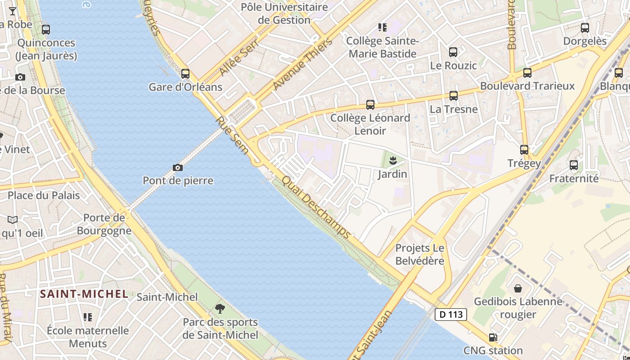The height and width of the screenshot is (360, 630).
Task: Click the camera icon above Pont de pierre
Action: point(178,168)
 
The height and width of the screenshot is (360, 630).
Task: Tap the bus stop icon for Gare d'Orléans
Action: point(185,74)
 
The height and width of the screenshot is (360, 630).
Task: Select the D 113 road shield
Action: point(451,315)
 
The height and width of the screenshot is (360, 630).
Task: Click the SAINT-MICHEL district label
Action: point(84,294)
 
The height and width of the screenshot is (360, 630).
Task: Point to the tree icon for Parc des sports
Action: point(220,309)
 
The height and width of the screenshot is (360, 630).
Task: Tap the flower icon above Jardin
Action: point(392,160)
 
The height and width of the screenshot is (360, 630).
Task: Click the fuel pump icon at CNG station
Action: point(493,337)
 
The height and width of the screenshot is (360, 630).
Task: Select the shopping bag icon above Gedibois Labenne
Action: point(518,288)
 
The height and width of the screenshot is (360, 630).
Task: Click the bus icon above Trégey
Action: point(524,150)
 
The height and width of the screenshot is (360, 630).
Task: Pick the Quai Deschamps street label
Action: point(315,207)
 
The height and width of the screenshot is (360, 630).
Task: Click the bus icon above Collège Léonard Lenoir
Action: point(370,105)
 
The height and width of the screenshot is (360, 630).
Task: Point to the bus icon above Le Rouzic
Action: point(453,52)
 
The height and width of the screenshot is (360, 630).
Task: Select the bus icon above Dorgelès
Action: point(585,28)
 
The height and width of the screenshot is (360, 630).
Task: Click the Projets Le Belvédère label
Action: point(419,254)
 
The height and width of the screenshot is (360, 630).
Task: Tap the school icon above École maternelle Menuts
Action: point(88,317)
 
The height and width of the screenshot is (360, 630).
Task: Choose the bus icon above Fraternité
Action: point(574,165)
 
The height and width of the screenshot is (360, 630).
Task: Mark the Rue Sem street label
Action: point(232,135)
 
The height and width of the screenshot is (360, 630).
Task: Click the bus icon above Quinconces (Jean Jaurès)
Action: point(46,30)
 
